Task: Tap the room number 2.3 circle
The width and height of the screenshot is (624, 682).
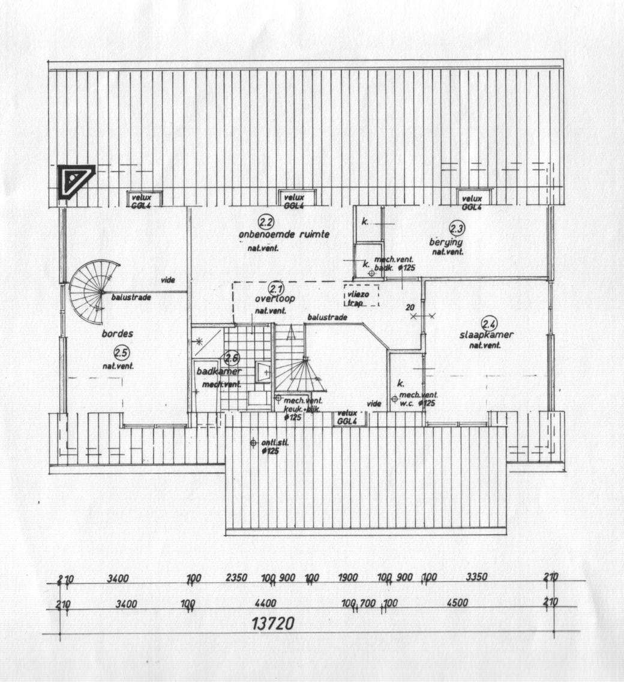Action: tap(457, 228)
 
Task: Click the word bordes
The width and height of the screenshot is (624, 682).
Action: tap(117, 334)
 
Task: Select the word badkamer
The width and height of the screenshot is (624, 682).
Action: tap(218, 372)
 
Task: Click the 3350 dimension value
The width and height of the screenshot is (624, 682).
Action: tap(477, 578)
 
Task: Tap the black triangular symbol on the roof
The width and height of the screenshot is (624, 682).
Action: tap(75, 180)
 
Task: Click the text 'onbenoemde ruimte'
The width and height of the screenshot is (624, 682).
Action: tap(284, 234)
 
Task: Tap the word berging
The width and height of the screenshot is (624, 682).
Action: tap(446, 242)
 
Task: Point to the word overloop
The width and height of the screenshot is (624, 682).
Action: tap(275, 298)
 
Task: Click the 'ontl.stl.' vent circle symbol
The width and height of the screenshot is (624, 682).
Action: tap(253, 443)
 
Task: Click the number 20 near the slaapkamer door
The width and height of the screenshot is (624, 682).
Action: tap(410, 307)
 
